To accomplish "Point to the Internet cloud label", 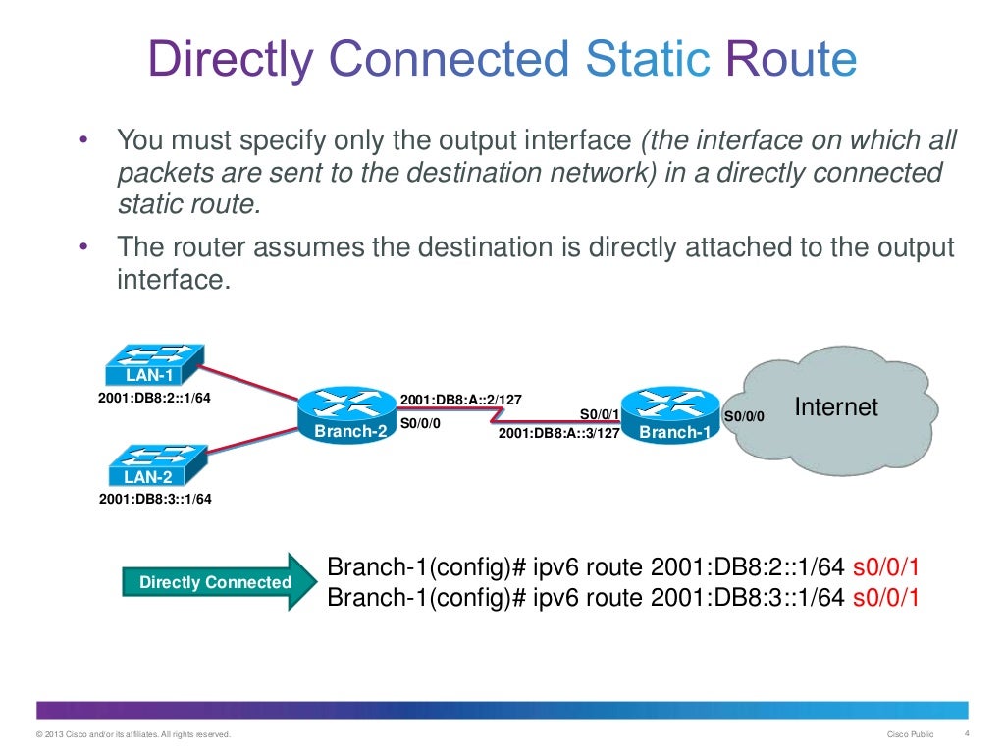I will [x=836, y=406].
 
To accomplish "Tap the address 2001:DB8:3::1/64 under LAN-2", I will [x=155, y=499].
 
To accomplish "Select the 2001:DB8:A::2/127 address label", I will [x=461, y=400].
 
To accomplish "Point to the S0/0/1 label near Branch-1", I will [x=600, y=414].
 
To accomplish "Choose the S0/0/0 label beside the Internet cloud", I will [x=743, y=416].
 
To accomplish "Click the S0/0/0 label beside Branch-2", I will [x=421, y=423].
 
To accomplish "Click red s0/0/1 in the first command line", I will [x=886, y=568].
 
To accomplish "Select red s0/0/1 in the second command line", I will [x=886, y=597].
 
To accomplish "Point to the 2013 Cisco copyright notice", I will [x=132, y=735].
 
